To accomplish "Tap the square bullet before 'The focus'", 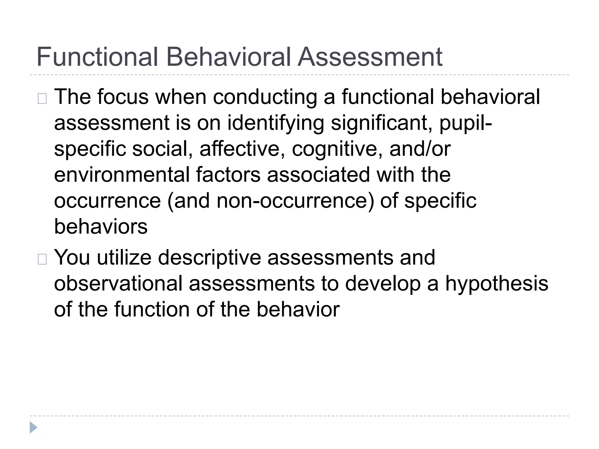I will (42, 99).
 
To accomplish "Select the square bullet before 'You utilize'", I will (42, 259).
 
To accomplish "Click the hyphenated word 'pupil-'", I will (466, 123).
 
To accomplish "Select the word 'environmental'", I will (122, 175).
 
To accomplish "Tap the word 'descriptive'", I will (209, 258).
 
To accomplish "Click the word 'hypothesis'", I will (497, 283).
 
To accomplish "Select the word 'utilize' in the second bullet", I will (124, 258).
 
